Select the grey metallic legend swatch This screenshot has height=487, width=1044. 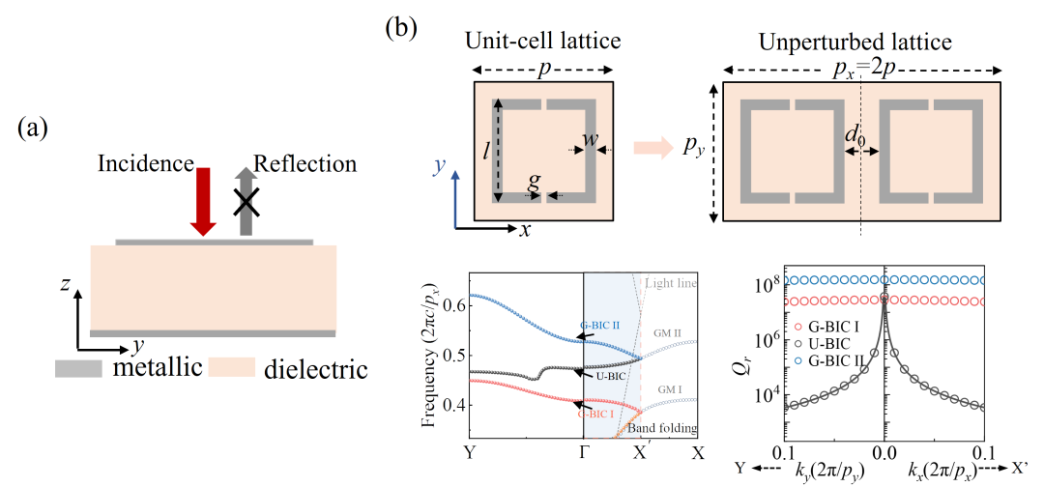point(84,368)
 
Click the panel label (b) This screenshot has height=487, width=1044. point(401,26)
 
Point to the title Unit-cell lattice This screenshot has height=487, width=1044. point(542,42)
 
